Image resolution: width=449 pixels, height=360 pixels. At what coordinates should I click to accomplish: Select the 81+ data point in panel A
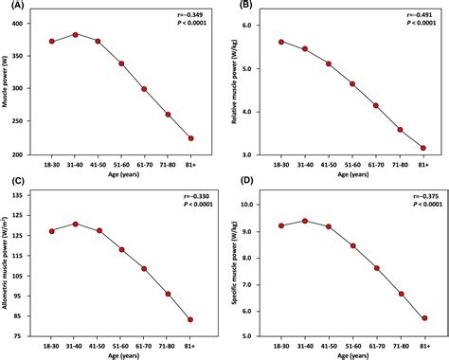(189, 138)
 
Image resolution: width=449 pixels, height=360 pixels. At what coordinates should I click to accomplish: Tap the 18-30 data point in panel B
(282, 42)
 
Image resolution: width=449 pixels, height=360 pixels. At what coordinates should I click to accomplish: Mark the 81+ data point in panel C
(189, 319)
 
